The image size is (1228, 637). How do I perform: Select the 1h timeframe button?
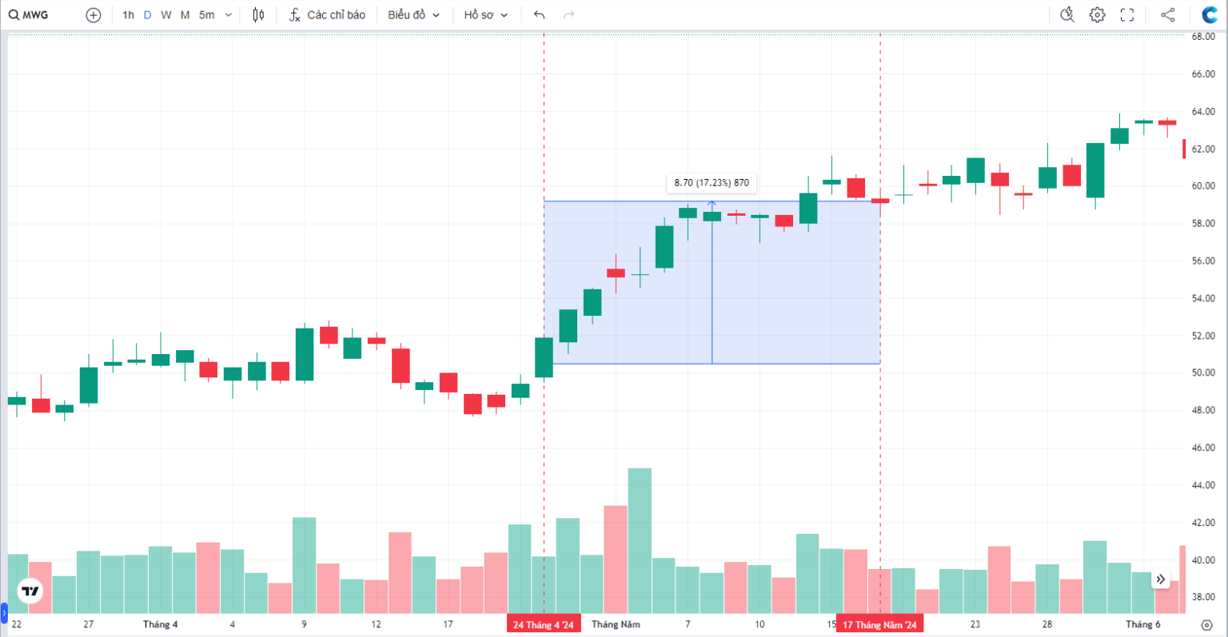(128, 15)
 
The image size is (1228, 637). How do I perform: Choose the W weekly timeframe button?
(165, 15)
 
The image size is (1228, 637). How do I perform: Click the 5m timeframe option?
(206, 15)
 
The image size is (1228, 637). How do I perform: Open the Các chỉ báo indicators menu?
(327, 15)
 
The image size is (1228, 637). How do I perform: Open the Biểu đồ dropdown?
(413, 15)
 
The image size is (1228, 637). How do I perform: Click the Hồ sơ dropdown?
(485, 15)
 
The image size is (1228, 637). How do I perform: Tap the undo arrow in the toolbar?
(540, 15)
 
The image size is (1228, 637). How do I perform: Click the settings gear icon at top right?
(1097, 15)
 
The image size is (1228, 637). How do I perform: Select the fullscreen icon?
(1127, 15)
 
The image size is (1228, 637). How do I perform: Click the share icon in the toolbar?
(1167, 15)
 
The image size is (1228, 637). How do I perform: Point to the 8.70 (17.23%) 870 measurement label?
(712, 183)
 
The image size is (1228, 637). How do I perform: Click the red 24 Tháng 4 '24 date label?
(544, 624)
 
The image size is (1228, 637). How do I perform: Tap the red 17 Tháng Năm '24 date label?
(879, 624)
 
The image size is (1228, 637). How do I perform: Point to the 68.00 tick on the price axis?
(1203, 37)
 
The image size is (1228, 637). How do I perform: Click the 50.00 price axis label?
(1203, 373)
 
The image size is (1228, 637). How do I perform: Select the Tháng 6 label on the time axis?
(1142, 624)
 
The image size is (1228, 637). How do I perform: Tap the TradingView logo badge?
(30, 591)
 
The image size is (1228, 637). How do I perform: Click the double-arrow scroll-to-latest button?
(1160, 579)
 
